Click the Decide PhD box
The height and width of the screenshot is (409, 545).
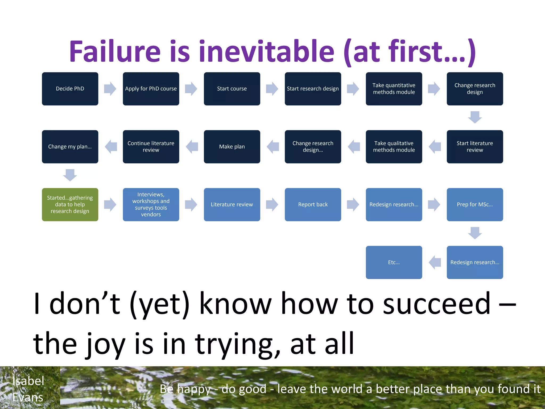pyautogui.click(x=70, y=89)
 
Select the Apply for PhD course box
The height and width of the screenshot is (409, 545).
pyautogui.click(x=151, y=89)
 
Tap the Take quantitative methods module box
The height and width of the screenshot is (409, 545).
pyautogui.click(x=394, y=89)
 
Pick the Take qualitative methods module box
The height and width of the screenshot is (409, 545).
pyautogui.click(x=394, y=146)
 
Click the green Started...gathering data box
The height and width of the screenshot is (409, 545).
pyautogui.click(x=70, y=204)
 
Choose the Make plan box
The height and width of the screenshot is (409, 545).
pyautogui.click(x=232, y=146)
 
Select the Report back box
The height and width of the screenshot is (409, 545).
pyautogui.click(x=313, y=204)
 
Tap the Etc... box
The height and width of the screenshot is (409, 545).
pyautogui.click(x=394, y=262)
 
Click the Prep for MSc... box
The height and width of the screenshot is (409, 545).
pyautogui.click(x=475, y=204)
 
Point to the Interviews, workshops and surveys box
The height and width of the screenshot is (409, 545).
pyautogui.click(x=151, y=204)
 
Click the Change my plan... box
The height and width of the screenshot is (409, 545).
pyautogui.click(x=70, y=146)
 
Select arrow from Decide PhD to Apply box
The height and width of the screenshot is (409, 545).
pyautogui.click(x=110, y=89)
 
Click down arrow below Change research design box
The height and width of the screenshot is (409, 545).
pyautogui.click(x=475, y=117)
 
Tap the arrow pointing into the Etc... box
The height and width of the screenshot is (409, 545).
pyautogui.click(x=435, y=262)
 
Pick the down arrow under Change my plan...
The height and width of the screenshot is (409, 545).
pyautogui.click(x=70, y=175)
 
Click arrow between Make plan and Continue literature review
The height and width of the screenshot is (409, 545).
pyautogui.click(x=192, y=146)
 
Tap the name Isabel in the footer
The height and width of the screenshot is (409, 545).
pyautogui.click(x=28, y=381)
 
